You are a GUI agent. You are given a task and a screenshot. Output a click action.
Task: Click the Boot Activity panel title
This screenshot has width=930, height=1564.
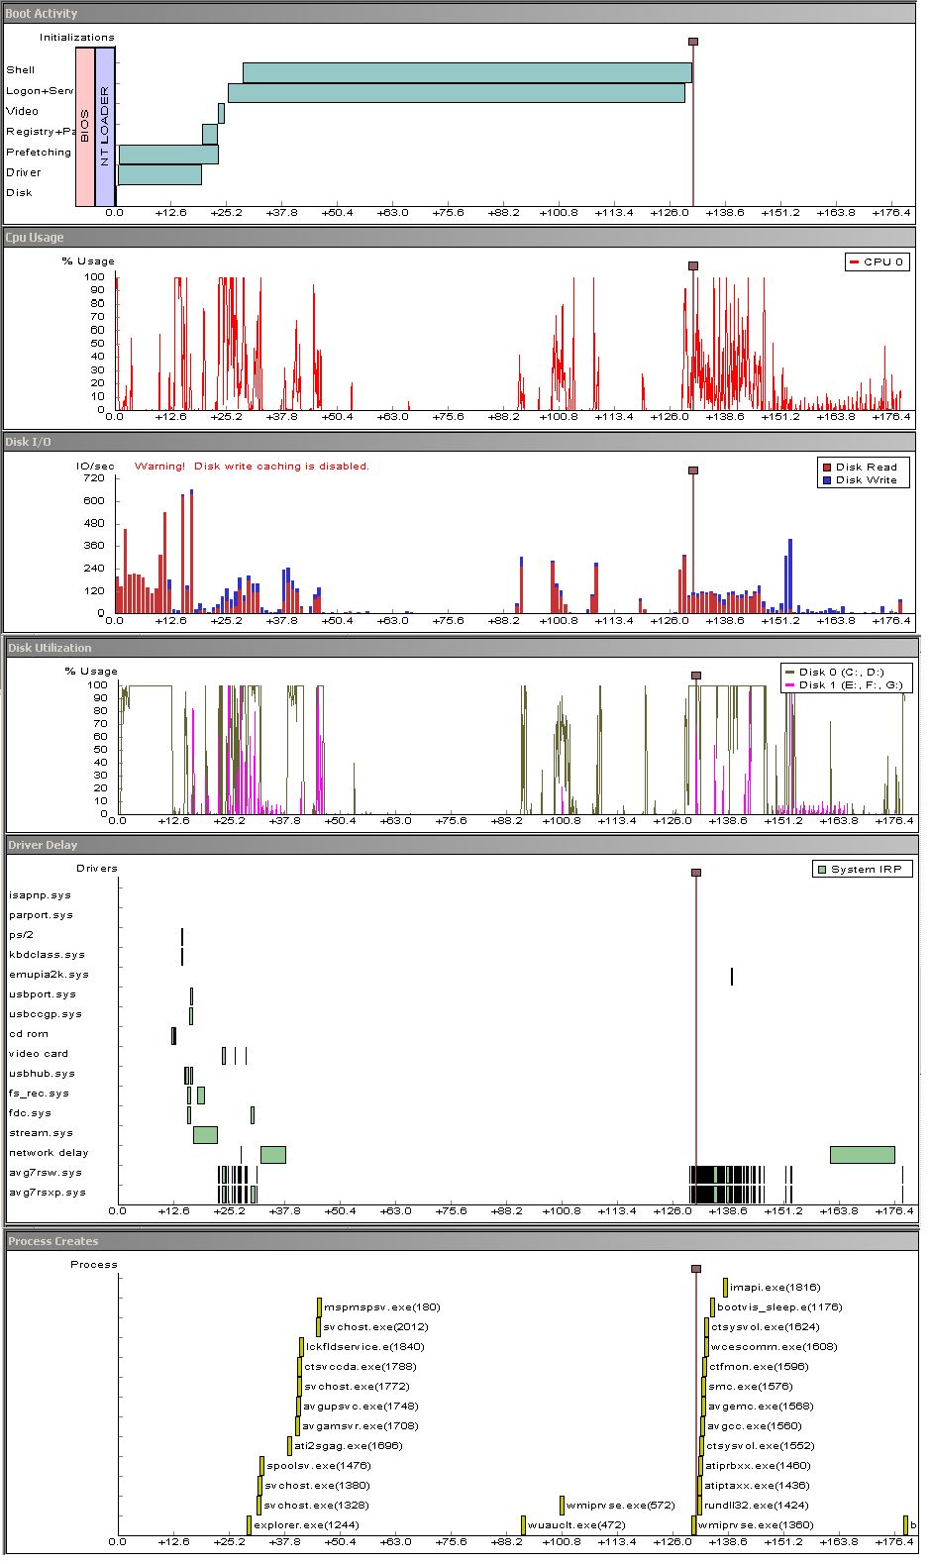(42, 14)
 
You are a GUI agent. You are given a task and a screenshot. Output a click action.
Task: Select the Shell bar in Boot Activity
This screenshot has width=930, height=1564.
(466, 72)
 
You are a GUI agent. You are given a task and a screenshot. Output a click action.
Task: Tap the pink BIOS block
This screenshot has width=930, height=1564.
(85, 127)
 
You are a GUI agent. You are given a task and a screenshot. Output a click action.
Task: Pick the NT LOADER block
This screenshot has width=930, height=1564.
(105, 127)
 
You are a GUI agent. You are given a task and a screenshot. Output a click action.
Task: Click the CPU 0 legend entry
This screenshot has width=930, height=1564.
(877, 262)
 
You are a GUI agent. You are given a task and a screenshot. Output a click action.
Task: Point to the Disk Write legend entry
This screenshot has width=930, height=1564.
(860, 480)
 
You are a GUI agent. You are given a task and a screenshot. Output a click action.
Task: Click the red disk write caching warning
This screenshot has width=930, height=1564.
(252, 467)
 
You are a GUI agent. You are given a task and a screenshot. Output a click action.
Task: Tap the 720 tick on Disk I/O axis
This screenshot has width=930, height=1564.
(94, 478)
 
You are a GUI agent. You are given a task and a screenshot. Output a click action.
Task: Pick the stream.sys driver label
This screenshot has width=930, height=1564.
(41, 1133)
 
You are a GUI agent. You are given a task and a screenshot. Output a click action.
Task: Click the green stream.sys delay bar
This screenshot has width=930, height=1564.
(205, 1135)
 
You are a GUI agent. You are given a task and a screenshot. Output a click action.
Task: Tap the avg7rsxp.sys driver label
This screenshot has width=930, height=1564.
(47, 1193)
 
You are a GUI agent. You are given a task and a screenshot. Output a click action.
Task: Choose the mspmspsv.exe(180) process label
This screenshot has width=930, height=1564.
(381, 1307)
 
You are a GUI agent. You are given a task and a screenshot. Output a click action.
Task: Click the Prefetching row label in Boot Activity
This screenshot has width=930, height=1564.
(39, 153)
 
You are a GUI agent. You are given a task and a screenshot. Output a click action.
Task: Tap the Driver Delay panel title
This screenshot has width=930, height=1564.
(43, 846)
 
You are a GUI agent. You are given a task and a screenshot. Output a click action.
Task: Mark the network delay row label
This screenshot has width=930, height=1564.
(49, 1153)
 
